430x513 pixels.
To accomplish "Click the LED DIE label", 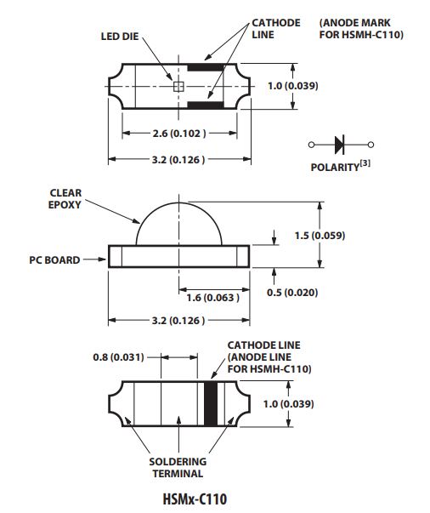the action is point(120,37).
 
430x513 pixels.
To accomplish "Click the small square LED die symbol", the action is point(178,87).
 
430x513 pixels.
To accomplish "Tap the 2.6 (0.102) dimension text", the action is point(179,134).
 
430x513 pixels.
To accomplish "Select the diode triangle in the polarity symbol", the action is point(339,145).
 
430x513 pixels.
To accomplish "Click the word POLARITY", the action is point(335,168).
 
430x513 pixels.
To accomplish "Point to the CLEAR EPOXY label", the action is point(65,198).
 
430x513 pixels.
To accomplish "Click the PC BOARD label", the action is point(54,260).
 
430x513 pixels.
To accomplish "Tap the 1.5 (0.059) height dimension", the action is point(320,236).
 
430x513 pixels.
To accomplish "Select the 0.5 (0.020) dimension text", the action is point(292,292).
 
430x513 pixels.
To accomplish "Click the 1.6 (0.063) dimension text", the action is point(212,298).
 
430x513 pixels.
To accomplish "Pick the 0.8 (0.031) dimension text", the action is point(118,357).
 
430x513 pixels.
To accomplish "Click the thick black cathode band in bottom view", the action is point(211,404).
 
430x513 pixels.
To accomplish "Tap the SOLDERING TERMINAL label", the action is point(178,468).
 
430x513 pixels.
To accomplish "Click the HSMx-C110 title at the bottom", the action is point(195,499).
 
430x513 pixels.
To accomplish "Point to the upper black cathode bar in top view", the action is point(206,68).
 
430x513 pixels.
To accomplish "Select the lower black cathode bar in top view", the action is point(206,105).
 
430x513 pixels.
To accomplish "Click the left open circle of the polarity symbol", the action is point(311,145).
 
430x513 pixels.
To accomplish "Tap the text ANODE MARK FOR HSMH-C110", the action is point(361,29).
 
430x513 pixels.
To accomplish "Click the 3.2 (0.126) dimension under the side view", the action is point(178,320).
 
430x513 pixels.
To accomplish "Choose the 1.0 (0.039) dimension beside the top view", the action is point(293,86).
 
